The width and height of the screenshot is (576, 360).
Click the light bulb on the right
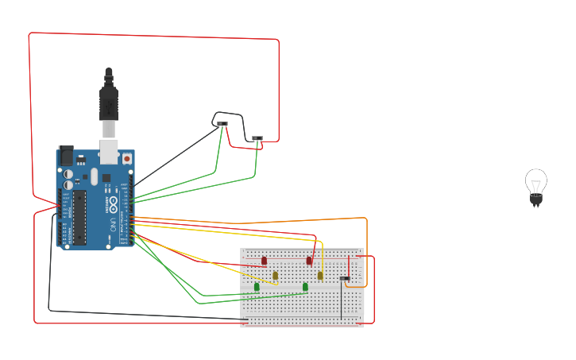(535, 187)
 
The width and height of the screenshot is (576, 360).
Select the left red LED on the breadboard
(265, 261)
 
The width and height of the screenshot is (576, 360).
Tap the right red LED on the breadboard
(309, 261)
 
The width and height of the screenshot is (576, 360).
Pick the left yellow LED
(276, 276)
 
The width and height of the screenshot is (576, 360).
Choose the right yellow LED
(320, 276)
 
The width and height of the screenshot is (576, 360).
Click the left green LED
(257, 287)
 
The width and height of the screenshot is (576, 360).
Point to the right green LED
(305, 287)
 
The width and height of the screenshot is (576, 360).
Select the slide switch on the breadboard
(345, 278)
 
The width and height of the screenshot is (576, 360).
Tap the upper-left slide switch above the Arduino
(222, 124)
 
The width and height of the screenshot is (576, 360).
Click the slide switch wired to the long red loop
(257, 139)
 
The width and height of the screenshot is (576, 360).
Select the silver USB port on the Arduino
(109, 151)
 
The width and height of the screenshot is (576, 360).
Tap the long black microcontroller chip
(79, 217)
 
